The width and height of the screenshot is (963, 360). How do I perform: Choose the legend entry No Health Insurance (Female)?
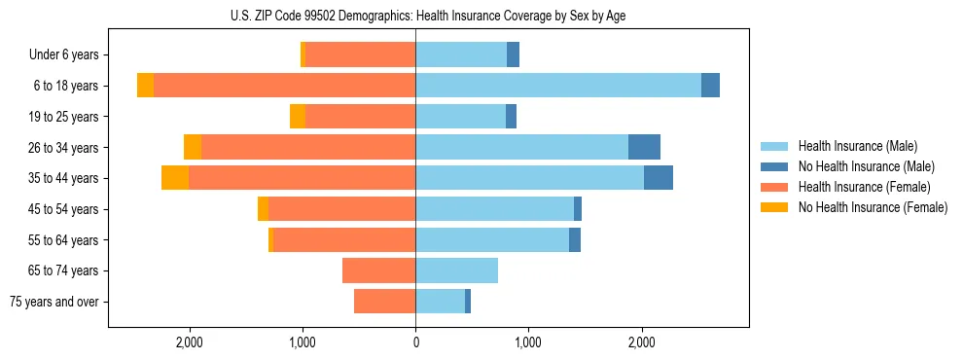[872, 207]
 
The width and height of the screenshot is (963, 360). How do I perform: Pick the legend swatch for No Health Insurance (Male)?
[774, 166]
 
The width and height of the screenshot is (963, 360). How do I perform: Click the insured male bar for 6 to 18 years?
[558, 86]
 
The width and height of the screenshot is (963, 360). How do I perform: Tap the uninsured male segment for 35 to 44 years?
[659, 178]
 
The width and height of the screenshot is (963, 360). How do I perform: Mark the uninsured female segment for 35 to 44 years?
[175, 178]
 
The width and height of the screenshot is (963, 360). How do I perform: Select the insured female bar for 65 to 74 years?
[378, 270]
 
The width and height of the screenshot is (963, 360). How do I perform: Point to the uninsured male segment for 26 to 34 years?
[644, 147]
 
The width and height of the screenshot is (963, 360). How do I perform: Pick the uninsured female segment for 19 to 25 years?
[298, 117]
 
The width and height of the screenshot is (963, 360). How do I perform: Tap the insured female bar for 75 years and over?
[384, 302]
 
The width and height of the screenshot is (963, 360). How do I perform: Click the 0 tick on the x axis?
[415, 342]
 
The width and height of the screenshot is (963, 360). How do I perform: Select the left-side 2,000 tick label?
[189, 342]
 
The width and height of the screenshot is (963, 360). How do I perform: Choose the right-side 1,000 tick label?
[528, 342]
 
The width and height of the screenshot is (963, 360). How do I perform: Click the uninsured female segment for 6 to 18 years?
[145, 86]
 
